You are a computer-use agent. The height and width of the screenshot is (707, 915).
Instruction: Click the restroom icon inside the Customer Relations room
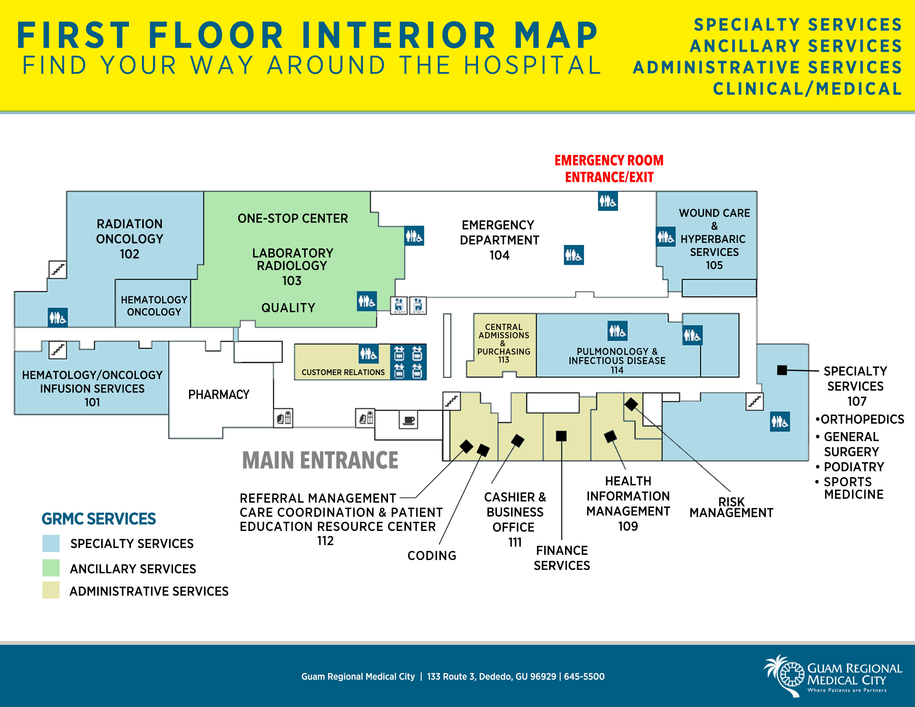[x=368, y=354]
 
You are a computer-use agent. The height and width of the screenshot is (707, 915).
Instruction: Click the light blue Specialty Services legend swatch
[x=51, y=543]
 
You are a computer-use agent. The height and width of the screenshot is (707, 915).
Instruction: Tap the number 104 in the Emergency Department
[x=499, y=255]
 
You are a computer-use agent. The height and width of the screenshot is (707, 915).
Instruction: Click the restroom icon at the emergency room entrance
[x=608, y=202]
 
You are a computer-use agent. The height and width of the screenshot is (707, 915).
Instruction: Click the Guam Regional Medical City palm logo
[x=783, y=675]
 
